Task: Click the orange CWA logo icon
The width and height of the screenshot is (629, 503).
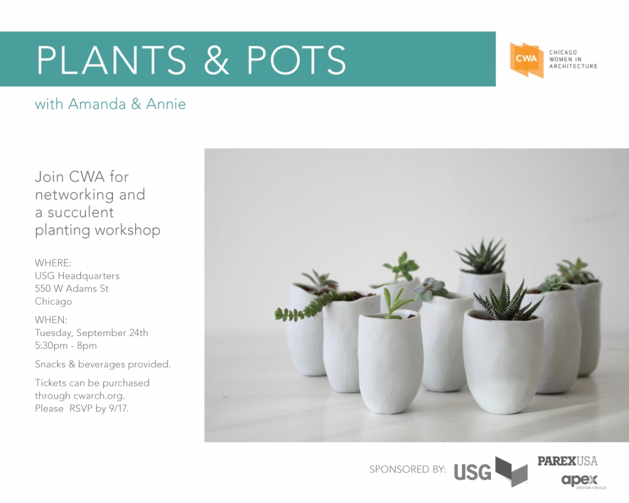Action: pos(526,60)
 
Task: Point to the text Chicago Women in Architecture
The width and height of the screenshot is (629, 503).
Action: pos(572,60)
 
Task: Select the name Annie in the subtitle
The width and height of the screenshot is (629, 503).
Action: pos(166,104)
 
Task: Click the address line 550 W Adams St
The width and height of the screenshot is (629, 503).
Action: pos(72,289)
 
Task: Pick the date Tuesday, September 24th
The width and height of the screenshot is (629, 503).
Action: pos(91,333)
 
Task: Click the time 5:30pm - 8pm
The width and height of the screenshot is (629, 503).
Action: pos(66,346)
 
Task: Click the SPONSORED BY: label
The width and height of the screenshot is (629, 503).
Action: pos(407,470)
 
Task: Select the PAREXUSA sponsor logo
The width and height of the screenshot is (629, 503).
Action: pos(567,461)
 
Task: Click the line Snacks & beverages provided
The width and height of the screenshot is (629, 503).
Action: pos(103,364)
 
